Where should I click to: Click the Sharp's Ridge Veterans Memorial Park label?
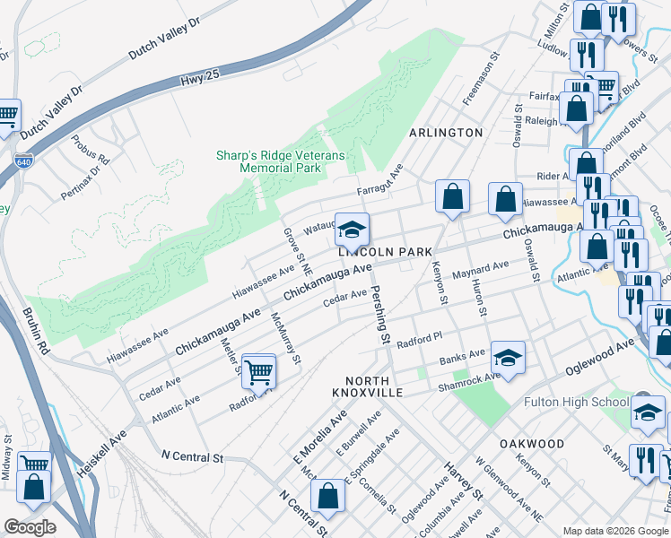[x=280, y=161]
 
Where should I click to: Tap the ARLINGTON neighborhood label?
[x=446, y=133]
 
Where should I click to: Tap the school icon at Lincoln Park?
[x=352, y=230]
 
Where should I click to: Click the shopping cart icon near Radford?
[x=258, y=371]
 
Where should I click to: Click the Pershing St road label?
[x=381, y=317]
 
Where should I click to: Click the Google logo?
[x=30, y=527]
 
